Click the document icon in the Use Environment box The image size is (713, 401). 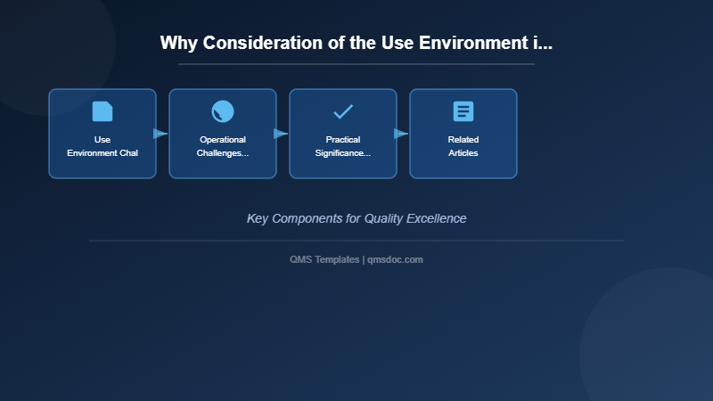pyautogui.click(x=102, y=111)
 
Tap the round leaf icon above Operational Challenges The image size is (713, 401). pyautogui.click(x=223, y=111)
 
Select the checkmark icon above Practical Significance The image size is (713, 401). pyautogui.click(x=343, y=111)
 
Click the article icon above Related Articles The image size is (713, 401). pyautogui.click(x=463, y=111)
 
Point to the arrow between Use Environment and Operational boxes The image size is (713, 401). pyautogui.click(x=160, y=134)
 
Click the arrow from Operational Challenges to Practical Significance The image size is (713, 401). pyautogui.click(x=281, y=134)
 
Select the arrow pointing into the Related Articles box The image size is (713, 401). pyautogui.click(x=401, y=134)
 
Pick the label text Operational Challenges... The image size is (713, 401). pyautogui.click(x=223, y=146)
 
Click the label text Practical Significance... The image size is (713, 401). pyautogui.click(x=343, y=146)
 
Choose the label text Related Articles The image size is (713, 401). pyautogui.click(x=463, y=146)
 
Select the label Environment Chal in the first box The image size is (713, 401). pyautogui.click(x=102, y=153)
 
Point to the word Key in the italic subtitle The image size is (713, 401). pyautogui.click(x=258, y=218)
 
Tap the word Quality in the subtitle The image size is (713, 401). pyautogui.click(x=381, y=218)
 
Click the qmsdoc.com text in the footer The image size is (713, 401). pyautogui.click(x=395, y=259)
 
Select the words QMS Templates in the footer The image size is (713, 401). pyautogui.click(x=324, y=259)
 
